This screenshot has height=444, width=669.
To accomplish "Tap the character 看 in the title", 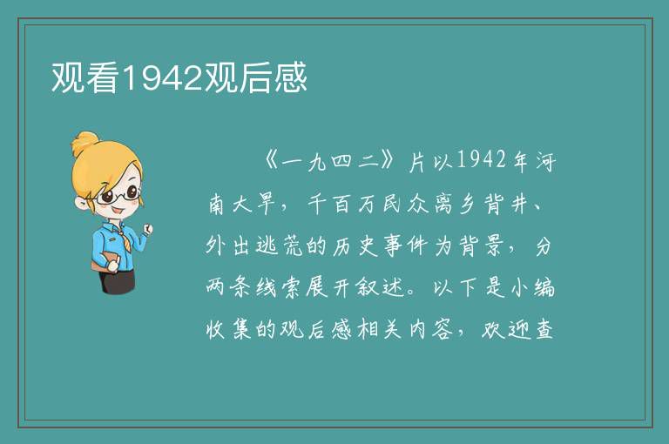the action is pyautogui.click(x=103, y=77).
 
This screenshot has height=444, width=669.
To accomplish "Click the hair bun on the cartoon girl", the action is pyautogui.click(x=84, y=143).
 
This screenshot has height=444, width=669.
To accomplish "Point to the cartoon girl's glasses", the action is pyautogui.click(x=118, y=195).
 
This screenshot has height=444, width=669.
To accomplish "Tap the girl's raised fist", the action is pyautogui.click(x=148, y=230).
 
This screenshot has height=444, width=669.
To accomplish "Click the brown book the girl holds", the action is pyautogui.click(x=105, y=261).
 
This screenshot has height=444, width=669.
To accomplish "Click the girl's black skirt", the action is pyautogui.click(x=117, y=280).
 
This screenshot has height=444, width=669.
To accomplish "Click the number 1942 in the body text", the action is pyautogui.click(x=481, y=160).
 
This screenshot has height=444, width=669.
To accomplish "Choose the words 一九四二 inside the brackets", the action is pyautogui.click(x=331, y=161).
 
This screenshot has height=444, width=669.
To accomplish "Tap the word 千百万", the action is pyautogui.click(x=341, y=204).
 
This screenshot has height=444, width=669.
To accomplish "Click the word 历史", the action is pyautogui.click(x=355, y=246).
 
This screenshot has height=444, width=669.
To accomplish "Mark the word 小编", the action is pyautogui.click(x=532, y=287).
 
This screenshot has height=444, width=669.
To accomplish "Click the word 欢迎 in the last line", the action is pyautogui.click(x=506, y=329).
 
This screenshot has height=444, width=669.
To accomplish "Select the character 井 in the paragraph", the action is pyautogui.click(x=521, y=204).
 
